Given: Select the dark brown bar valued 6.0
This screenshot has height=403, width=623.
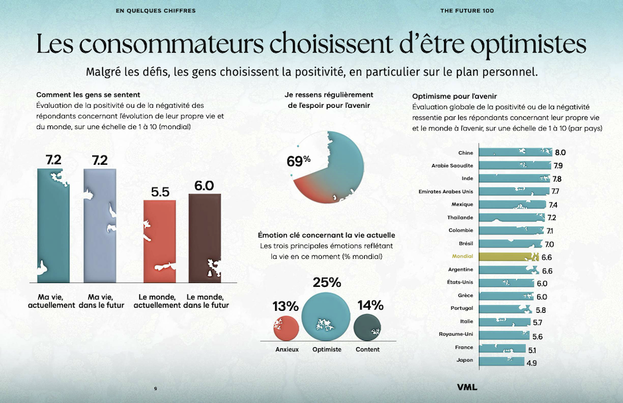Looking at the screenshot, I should pos(204,237).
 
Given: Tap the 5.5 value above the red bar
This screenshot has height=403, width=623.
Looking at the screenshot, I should pos(160,192).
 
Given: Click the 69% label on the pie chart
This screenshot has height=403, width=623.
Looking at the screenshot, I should pos(299,160).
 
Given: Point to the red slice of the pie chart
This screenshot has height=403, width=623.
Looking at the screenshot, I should pos(311,188).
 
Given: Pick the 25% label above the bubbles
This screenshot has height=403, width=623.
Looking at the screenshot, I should pos(326,282).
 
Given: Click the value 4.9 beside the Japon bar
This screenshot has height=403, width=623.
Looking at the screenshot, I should pos(531,362).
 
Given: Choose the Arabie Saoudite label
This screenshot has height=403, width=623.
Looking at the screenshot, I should pos(452,165).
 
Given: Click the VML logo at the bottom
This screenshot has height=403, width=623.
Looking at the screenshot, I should pos(467,387).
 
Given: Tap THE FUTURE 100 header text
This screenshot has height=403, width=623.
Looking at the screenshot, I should pos(467,11).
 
